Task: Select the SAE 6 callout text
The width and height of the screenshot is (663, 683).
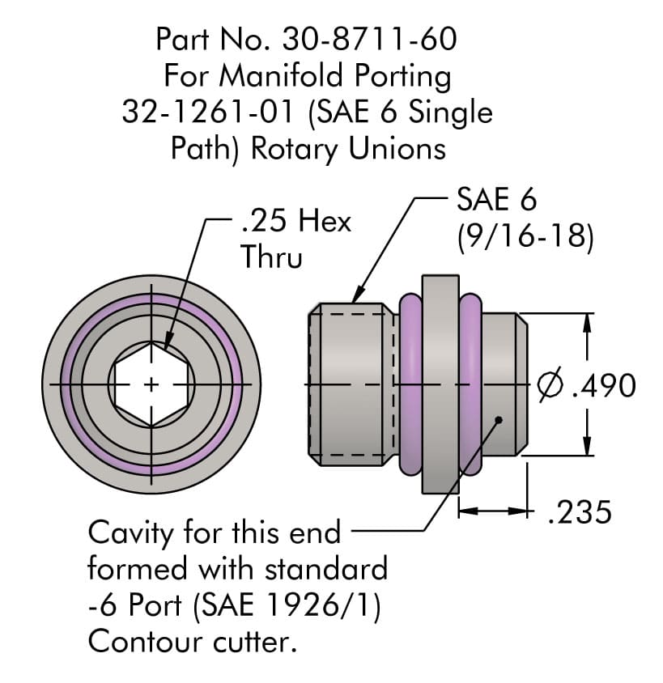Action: pos(496,198)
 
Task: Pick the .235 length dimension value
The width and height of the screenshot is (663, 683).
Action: pos(580,512)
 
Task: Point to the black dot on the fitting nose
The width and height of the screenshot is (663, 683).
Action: pos(499,419)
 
